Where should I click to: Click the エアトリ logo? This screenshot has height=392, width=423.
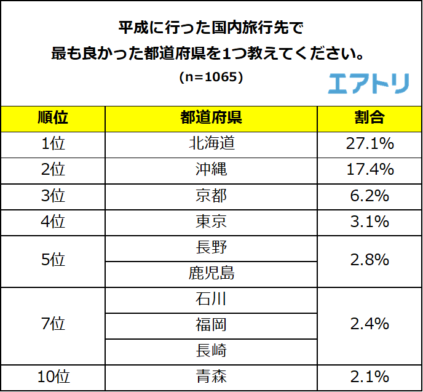pyautogui.click(x=368, y=83)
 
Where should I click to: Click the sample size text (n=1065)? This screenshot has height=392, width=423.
pyautogui.click(x=211, y=78)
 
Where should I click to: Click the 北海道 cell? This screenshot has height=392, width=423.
pyautogui.click(x=211, y=144)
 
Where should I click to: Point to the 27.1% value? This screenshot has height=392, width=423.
pyautogui.click(x=369, y=144)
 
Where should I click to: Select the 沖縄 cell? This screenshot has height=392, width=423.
pyautogui.click(x=211, y=170)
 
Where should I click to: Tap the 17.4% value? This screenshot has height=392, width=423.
pyautogui.click(x=369, y=170)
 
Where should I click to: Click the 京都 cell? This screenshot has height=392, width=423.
pyautogui.click(x=211, y=196)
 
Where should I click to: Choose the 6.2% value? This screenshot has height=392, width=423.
pyautogui.click(x=369, y=196)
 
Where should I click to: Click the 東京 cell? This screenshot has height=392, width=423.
pyautogui.click(x=211, y=222)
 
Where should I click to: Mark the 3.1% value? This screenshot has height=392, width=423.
pyautogui.click(x=369, y=222)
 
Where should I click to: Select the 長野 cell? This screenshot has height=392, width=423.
pyautogui.click(x=211, y=247)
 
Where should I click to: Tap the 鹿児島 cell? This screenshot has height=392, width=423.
pyautogui.click(x=211, y=273)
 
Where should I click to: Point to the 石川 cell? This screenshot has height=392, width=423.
pyautogui.click(x=211, y=299)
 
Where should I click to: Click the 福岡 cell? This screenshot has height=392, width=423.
pyautogui.click(x=211, y=325)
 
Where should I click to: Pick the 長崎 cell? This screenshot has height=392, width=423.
pyautogui.click(x=211, y=351)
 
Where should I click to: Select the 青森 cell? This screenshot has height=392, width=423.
pyautogui.click(x=211, y=377)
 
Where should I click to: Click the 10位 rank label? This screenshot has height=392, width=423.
pyautogui.click(x=53, y=377)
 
